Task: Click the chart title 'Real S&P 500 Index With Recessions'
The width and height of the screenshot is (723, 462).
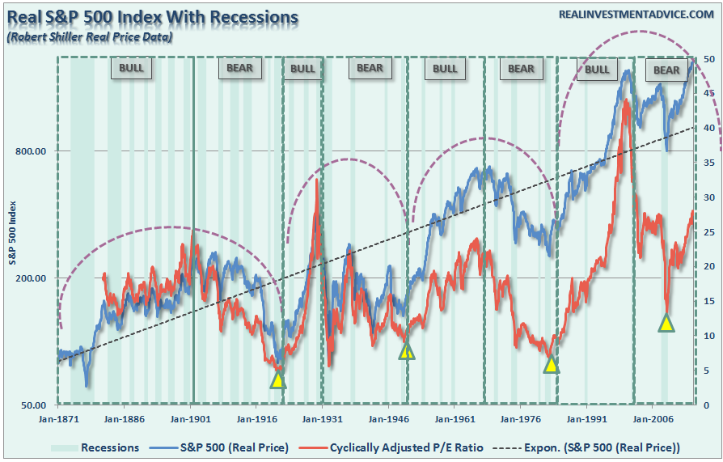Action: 152,17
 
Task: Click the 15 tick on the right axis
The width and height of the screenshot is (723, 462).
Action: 708,301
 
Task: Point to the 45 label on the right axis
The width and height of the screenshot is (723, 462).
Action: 708,94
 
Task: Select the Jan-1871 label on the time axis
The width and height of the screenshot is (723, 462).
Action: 57,420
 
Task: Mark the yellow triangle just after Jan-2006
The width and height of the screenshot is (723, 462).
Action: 666,323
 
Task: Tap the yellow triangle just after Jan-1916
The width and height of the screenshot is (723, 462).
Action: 277,379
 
